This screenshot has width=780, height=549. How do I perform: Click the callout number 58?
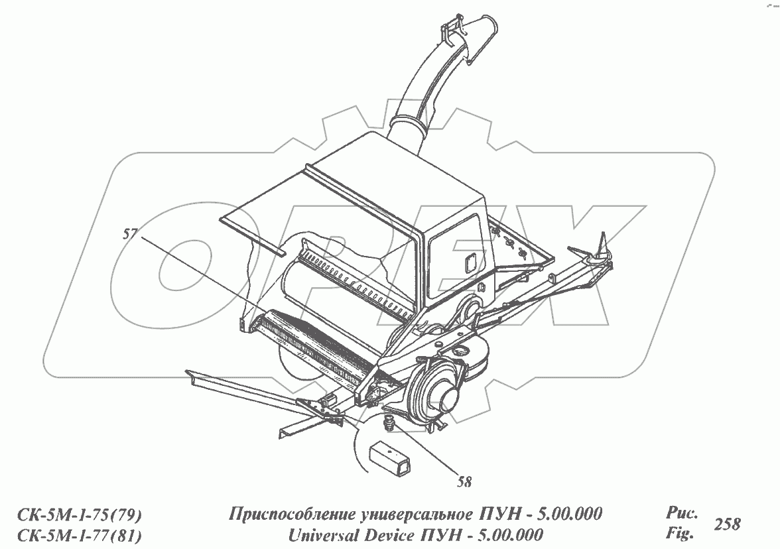(x=464, y=482)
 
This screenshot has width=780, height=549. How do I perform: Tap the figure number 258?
(x=727, y=524)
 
